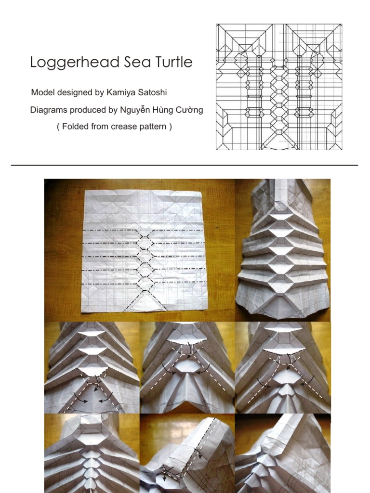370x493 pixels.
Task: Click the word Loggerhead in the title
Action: point(75,63)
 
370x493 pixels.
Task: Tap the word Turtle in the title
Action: point(173,62)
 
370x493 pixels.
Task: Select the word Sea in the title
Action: point(137,62)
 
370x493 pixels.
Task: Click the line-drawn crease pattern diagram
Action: point(279,87)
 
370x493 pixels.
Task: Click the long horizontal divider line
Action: point(185,165)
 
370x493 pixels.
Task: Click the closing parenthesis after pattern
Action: point(171,127)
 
